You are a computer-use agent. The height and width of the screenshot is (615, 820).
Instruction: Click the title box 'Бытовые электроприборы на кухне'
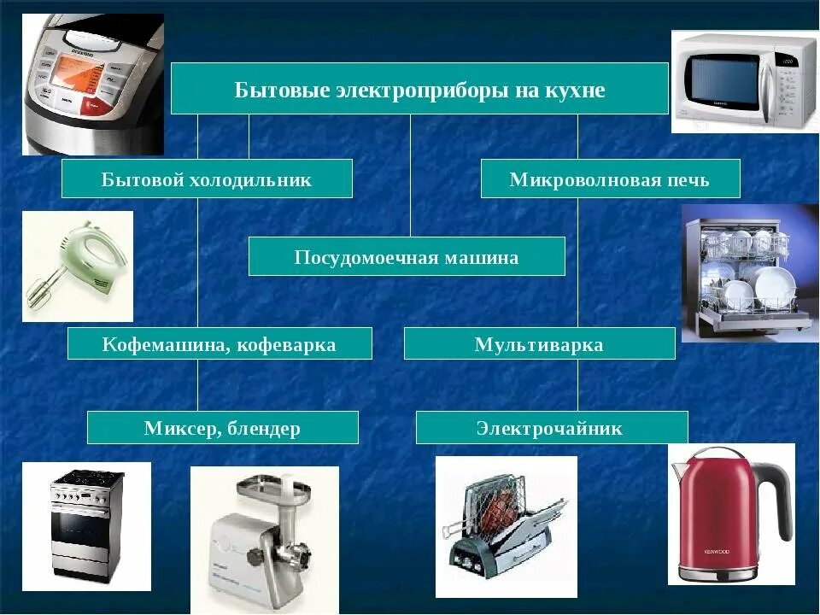point(419,88)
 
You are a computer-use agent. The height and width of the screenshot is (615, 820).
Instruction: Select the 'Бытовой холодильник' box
point(207,179)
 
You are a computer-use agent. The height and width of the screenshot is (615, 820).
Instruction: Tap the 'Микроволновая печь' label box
point(610,179)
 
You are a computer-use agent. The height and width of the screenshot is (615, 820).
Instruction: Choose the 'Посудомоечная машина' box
point(407,256)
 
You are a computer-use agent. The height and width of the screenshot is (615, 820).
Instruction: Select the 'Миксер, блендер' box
point(222,427)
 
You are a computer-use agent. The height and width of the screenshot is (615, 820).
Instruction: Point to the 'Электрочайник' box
point(551,427)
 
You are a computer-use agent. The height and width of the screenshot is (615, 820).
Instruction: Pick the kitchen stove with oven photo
point(86,525)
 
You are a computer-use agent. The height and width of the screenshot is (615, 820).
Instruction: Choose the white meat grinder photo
point(264,539)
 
